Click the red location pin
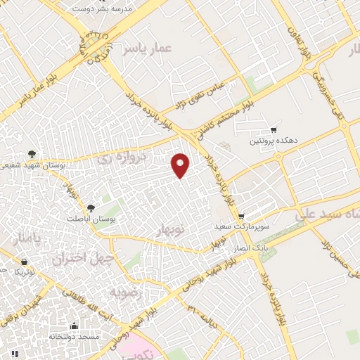pos(181,165)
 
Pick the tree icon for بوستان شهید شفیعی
pos(32,153)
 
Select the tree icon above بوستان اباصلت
pos(91,208)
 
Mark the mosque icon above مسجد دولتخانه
pos(75,326)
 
